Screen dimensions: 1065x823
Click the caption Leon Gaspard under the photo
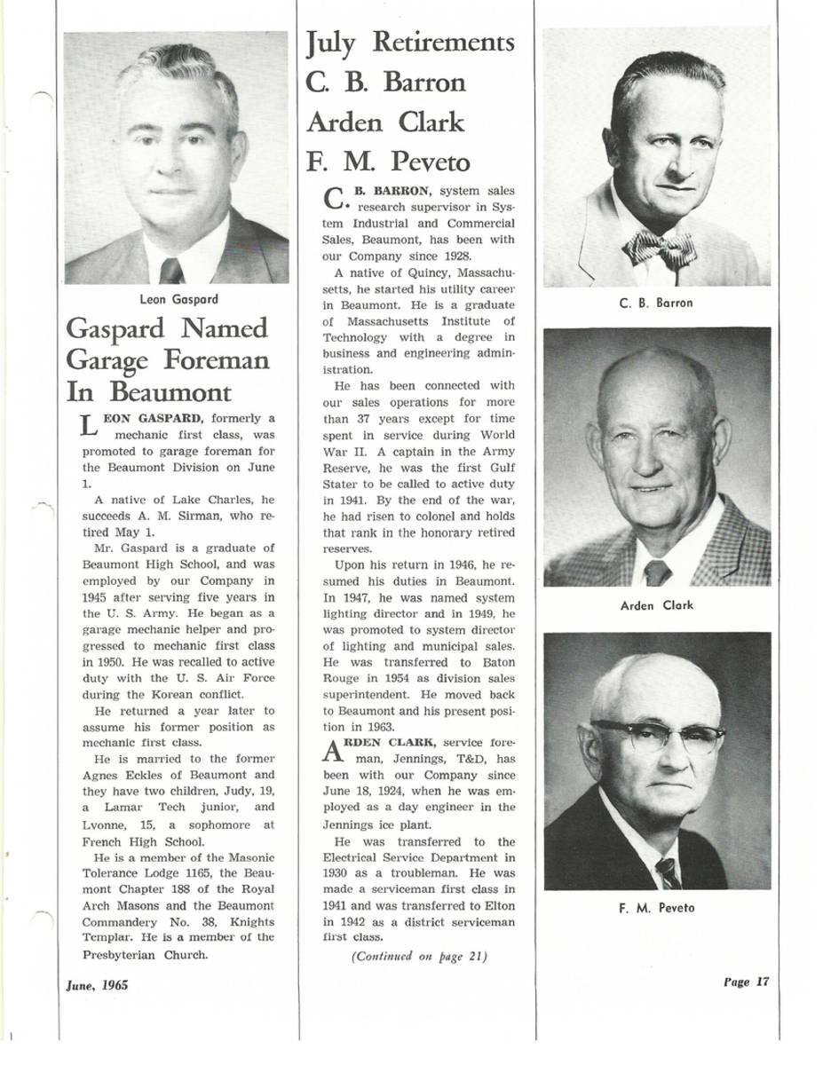click(178, 299)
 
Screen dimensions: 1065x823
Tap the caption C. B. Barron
click(656, 303)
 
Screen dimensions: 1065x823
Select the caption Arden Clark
click(656, 605)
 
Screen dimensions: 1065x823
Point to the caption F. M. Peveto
click(656, 907)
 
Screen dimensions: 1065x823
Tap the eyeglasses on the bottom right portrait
click(658, 735)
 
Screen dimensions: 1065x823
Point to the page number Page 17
click(746, 982)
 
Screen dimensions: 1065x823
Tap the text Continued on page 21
click(419, 956)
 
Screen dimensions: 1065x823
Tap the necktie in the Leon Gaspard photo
click(171, 271)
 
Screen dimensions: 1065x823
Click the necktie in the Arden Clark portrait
click(657, 572)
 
